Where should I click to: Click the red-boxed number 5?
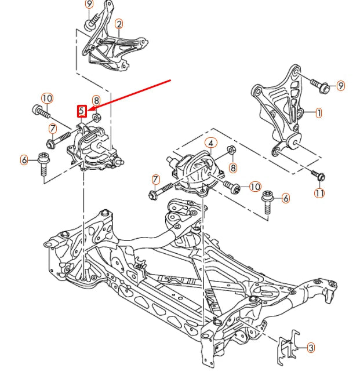(x=82, y=110)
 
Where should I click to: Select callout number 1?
(x=318, y=114)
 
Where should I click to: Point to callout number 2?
(x=119, y=24)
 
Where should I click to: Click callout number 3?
(x=311, y=348)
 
